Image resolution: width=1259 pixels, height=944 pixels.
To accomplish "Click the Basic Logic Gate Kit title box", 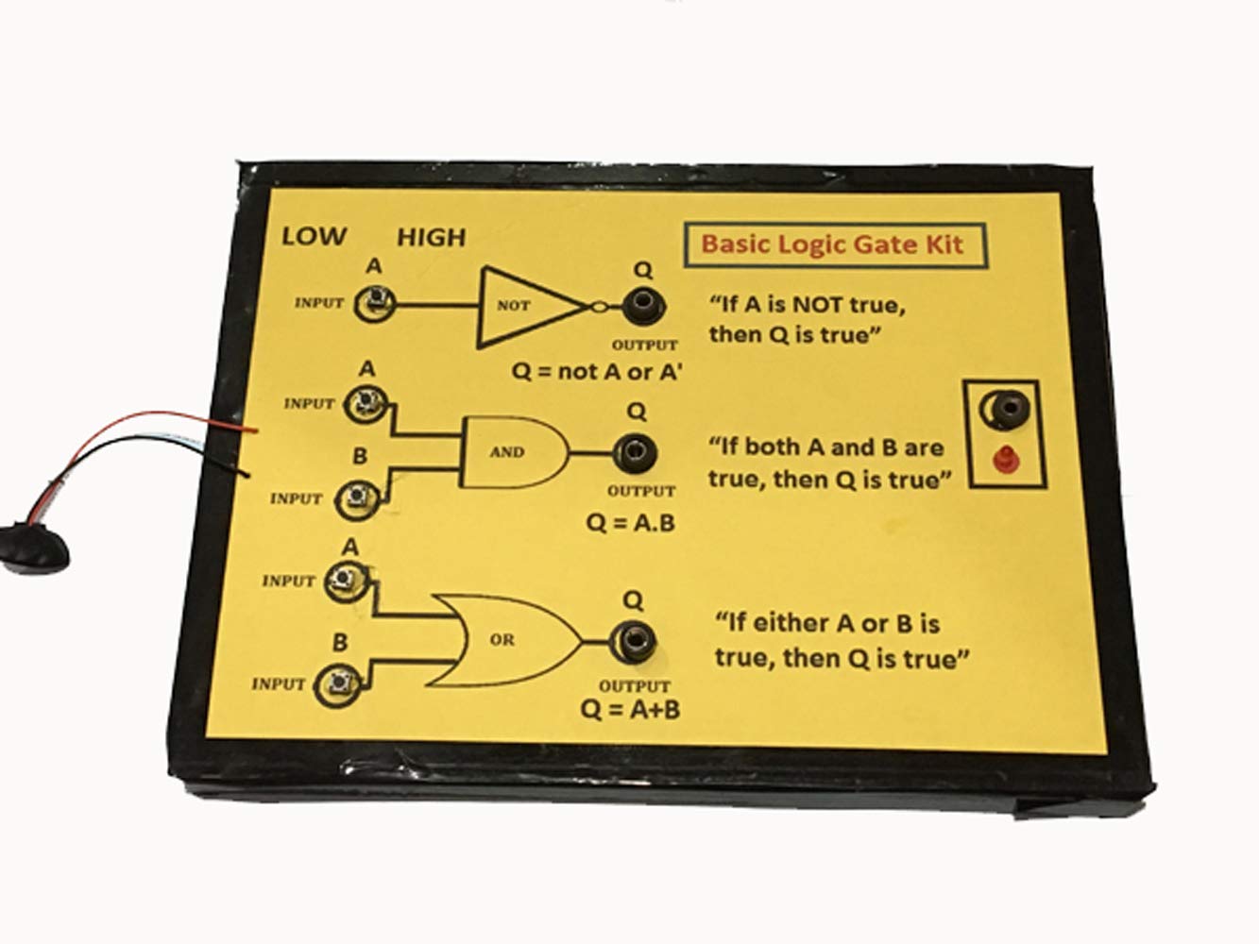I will [x=831, y=244].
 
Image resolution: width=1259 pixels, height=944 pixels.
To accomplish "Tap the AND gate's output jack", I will [x=636, y=450].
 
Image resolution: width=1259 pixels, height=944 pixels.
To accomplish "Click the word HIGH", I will [x=431, y=236].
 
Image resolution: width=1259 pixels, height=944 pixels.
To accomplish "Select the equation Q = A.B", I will [x=630, y=522].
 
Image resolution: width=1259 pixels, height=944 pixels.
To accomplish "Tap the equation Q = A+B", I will [x=631, y=710].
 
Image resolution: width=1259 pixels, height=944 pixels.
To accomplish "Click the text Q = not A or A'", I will [x=598, y=371].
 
